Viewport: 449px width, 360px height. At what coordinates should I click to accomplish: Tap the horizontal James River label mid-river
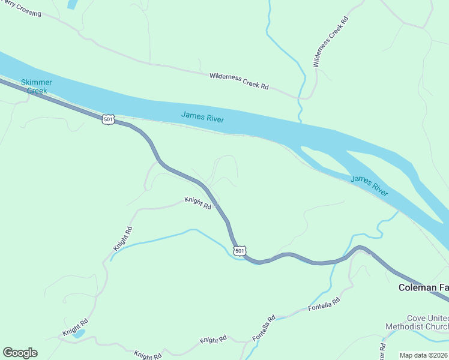[x=203, y=117]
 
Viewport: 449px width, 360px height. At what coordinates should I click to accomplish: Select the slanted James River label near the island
[x=369, y=185]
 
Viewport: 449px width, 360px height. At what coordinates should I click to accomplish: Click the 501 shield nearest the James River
[x=107, y=119]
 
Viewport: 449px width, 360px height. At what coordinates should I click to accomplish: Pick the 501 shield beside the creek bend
[x=240, y=250]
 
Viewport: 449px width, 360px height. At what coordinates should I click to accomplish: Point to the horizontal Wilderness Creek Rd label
[x=239, y=81]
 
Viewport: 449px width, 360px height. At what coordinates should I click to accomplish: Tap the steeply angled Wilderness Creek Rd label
[x=331, y=41]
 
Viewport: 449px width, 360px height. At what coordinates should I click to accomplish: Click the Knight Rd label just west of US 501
[x=198, y=203]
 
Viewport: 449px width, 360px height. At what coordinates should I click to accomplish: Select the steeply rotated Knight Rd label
[x=122, y=239]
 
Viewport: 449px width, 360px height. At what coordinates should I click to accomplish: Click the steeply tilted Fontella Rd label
[x=264, y=328]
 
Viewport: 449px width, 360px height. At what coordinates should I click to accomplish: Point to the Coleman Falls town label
[x=423, y=288]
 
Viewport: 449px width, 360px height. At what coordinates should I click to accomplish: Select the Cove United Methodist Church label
[x=417, y=322]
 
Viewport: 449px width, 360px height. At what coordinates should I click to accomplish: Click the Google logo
[x=20, y=353]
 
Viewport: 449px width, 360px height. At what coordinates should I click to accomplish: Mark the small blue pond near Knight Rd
[x=79, y=333]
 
